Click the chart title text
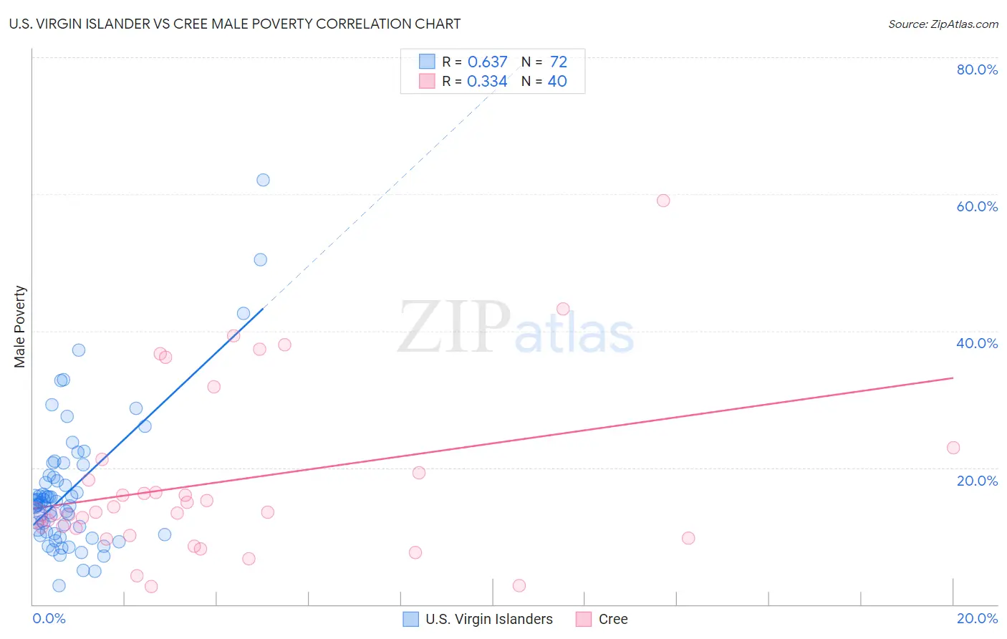(235, 24)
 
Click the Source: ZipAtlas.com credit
(943, 24)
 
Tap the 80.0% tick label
(977, 69)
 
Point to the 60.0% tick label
(977, 206)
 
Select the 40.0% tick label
(977, 343)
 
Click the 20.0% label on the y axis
(977, 481)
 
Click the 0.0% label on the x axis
(49, 618)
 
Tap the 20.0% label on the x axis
(977, 618)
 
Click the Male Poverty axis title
(20, 327)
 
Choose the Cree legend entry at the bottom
(612, 619)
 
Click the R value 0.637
(487, 62)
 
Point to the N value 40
(557, 82)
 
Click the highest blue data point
(263, 180)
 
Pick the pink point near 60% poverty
(663, 201)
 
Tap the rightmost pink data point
(953, 448)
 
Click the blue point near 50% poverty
(261, 260)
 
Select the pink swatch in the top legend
(427, 82)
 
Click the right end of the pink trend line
(953, 378)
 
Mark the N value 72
(559, 62)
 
